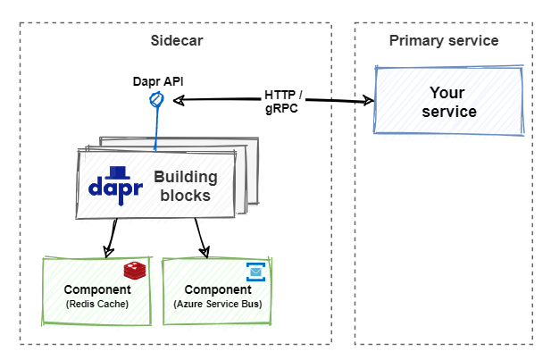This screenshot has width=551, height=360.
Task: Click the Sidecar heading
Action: tap(175, 41)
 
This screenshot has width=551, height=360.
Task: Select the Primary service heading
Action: tap(444, 41)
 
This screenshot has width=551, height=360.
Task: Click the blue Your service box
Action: tap(448, 102)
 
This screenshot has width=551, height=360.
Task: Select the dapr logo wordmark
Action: tap(115, 188)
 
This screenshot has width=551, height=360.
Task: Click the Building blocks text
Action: tap(185, 186)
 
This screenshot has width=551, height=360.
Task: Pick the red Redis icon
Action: tap(134, 271)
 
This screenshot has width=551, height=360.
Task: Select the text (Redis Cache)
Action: tap(97, 305)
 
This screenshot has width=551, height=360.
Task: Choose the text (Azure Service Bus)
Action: tap(217, 305)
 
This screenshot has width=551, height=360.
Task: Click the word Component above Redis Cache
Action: tap(97, 290)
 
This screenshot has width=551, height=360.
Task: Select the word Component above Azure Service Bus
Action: tap(217, 290)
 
